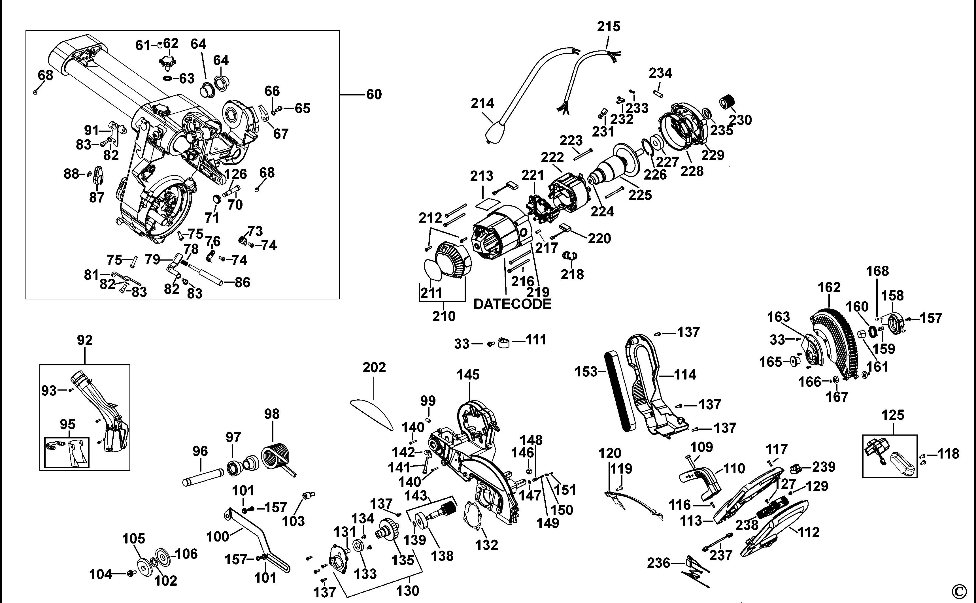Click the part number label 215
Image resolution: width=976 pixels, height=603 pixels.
tap(609, 27)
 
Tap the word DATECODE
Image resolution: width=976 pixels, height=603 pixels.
tap(512, 304)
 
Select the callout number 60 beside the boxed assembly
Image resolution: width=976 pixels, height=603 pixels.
tap(374, 95)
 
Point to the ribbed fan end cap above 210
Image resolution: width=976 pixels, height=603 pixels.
tap(453, 261)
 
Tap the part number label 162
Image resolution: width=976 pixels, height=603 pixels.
tap(829, 287)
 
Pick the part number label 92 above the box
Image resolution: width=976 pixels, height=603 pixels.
tap(84, 340)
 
